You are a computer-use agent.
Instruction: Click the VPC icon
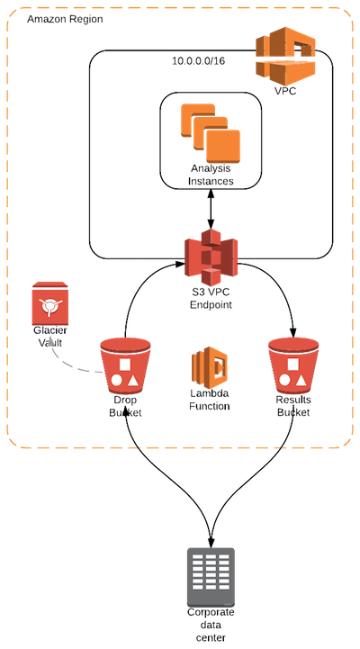[285, 55]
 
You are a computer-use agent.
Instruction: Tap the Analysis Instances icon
[211, 134]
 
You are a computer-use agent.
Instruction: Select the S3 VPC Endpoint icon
[211, 257]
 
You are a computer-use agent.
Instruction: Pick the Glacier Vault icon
[50, 304]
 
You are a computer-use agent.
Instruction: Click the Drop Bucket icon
[125, 365]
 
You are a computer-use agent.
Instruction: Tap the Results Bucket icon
[293, 365]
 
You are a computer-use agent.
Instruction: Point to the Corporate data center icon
[211, 577]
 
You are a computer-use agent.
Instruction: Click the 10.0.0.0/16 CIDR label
[199, 61]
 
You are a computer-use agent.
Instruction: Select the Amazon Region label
[65, 19]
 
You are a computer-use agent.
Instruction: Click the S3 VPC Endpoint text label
[211, 299]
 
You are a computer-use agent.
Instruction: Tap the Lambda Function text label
[210, 400]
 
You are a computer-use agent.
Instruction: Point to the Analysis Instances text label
[211, 175]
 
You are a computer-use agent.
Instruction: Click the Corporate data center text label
[211, 625]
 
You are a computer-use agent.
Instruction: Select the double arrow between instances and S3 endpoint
[211, 210]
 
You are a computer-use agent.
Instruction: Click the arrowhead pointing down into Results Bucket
[293, 333]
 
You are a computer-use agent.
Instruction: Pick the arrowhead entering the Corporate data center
[211, 542]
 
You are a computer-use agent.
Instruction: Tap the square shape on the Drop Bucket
[125, 365]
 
